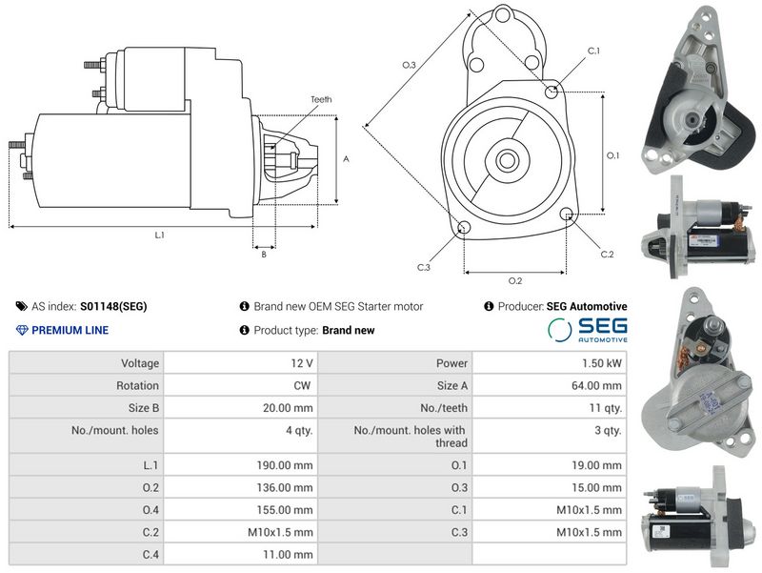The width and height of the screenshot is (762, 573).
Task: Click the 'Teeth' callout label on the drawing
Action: point(321,99)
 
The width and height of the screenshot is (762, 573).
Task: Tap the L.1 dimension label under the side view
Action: point(159,235)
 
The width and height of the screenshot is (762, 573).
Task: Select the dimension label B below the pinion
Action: point(264,254)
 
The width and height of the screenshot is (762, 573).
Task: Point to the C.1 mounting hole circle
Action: point(551,91)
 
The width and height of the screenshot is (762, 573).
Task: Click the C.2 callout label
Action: point(607,254)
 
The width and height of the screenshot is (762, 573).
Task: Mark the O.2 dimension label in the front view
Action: point(515,280)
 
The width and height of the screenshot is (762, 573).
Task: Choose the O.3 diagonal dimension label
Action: point(409,65)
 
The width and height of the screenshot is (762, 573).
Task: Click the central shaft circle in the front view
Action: point(508,160)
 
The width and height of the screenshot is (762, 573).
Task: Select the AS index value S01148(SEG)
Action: point(113,306)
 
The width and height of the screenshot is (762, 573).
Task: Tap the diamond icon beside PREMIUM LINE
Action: point(22,330)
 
